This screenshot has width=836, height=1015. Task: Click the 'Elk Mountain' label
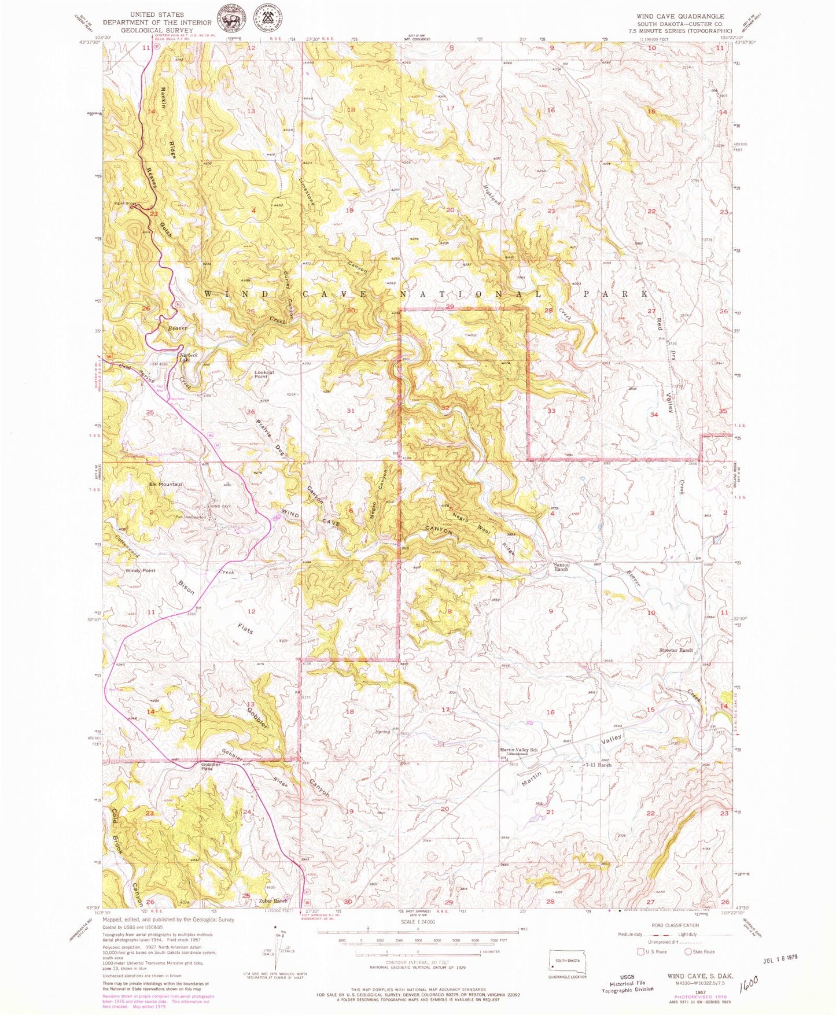(165, 484)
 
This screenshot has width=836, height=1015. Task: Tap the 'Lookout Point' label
(264, 374)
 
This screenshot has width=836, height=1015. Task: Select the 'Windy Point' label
(140, 570)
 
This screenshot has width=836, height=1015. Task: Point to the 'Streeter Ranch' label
(676, 650)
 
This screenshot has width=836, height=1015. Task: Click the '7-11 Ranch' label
(598, 765)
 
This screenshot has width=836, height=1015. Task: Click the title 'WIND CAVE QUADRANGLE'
(680, 16)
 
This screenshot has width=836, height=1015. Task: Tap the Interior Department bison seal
(231, 22)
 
